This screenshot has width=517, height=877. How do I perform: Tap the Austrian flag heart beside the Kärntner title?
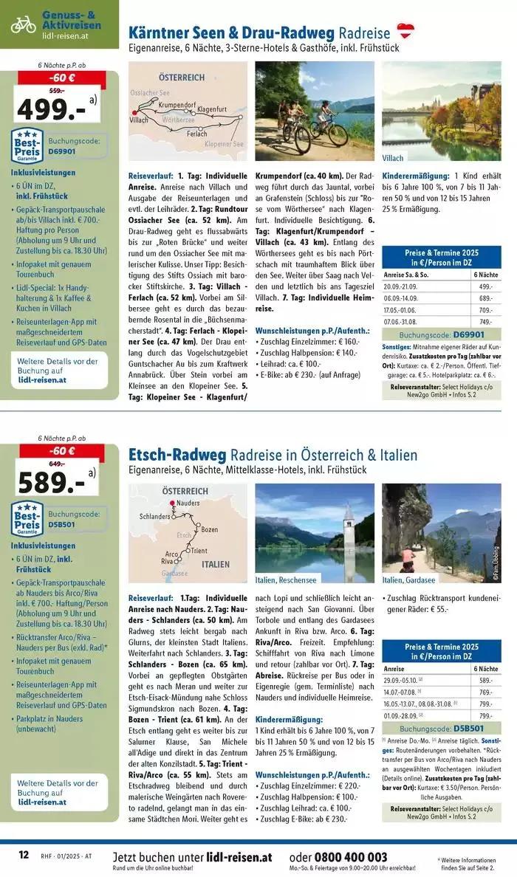pyautogui.click(x=405, y=31)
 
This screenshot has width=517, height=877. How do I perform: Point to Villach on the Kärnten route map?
pyautogui.click(x=139, y=119)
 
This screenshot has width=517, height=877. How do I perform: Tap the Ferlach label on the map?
pyautogui.click(x=196, y=134)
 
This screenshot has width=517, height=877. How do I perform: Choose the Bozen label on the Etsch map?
pyautogui.click(x=209, y=529)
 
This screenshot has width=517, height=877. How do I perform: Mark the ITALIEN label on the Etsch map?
pyautogui.click(x=215, y=564)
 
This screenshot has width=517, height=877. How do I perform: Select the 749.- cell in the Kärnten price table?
pyautogui.click(x=485, y=322)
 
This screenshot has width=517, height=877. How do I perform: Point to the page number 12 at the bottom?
pyautogui.click(x=24, y=856)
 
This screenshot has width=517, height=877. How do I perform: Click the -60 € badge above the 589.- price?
pyautogui.click(x=62, y=451)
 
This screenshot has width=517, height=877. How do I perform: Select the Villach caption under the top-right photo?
pyautogui.click(x=393, y=158)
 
